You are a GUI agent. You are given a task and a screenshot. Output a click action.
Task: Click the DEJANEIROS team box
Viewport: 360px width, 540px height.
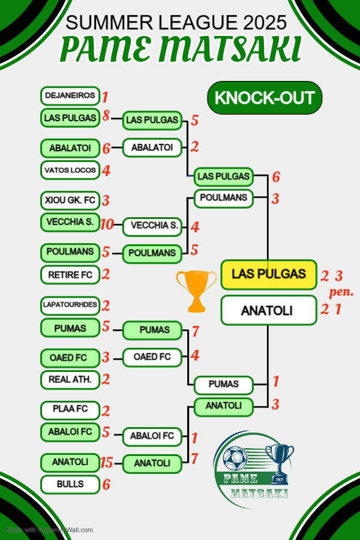pyautogui.click(x=70, y=95)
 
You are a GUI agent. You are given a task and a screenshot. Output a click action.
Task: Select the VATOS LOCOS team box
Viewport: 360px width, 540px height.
pyautogui.click(x=70, y=170)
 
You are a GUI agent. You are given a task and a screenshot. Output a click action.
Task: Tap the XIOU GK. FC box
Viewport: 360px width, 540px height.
pyautogui.click(x=70, y=199)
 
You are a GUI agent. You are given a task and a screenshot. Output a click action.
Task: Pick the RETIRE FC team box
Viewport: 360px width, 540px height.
pyautogui.click(x=70, y=275)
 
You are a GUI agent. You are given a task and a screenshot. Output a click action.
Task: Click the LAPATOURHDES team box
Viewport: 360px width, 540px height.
pyautogui.click(x=70, y=305)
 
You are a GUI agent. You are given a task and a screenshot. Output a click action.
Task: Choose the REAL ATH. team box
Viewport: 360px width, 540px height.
pyautogui.click(x=70, y=379)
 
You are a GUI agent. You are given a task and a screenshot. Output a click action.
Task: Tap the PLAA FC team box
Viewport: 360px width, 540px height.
pyautogui.click(x=70, y=410)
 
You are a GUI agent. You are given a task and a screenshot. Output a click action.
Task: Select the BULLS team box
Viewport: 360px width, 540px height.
pyautogui.click(x=70, y=484)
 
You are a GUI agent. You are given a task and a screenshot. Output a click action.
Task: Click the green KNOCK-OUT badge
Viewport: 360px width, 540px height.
pyautogui.click(x=265, y=98)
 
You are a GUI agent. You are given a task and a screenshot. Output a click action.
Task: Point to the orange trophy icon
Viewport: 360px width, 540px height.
pyautogui.click(x=196, y=290)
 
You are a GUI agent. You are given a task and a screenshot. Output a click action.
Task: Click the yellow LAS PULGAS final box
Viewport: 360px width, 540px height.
pyautogui.click(x=268, y=274)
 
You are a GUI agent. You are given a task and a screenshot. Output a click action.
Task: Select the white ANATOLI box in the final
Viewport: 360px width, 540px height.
pyautogui.click(x=268, y=310)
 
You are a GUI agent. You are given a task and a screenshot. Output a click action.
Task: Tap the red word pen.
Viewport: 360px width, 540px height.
pyautogui.click(x=341, y=293)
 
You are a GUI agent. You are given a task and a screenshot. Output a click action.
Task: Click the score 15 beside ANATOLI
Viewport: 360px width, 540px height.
pyautogui.click(x=107, y=462)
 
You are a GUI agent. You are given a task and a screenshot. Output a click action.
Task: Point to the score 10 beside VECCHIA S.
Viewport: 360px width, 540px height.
pyautogui.click(x=107, y=224)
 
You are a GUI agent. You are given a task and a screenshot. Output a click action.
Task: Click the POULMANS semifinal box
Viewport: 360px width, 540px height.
pyautogui.click(x=223, y=197)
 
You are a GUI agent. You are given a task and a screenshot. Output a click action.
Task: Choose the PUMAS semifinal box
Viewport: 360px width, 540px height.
pyautogui.click(x=223, y=383)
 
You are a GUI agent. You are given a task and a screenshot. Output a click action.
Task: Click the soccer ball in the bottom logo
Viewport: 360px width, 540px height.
pyautogui.click(x=235, y=460)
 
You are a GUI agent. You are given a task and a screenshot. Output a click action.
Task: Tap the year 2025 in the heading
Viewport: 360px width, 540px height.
pyautogui.click(x=265, y=23)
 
